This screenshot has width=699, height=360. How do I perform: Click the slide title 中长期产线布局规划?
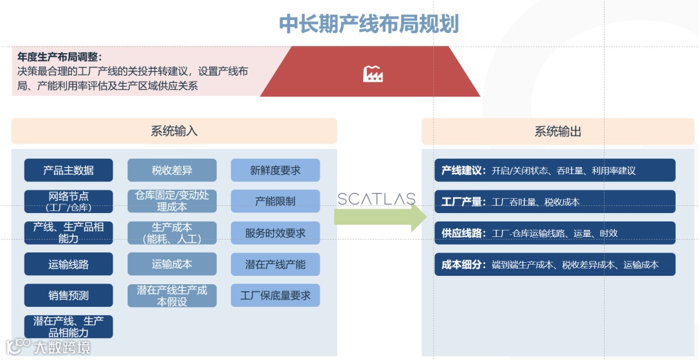click(368, 24)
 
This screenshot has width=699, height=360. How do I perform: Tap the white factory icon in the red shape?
click(373, 74)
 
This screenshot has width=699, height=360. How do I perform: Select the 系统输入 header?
click(174, 131)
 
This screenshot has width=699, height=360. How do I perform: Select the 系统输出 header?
click(557, 131)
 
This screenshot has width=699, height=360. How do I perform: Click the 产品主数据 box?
click(69, 170)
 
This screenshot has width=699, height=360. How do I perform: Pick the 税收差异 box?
click(172, 170)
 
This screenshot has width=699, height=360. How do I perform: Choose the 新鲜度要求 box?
click(275, 170)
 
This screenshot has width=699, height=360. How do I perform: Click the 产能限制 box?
click(275, 201)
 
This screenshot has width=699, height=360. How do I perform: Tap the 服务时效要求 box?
click(275, 233)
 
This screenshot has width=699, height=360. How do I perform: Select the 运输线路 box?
click(69, 264)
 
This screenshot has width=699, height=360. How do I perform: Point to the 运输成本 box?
click(172, 264)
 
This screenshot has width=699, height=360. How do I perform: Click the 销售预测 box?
click(69, 295)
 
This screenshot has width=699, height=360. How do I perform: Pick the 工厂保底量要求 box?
click(275, 295)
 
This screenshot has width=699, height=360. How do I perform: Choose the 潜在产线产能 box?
click(275, 264)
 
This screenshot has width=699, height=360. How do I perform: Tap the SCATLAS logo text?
click(376, 199)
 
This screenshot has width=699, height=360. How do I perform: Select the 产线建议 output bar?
click(555, 170)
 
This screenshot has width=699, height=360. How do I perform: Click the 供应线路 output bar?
click(555, 233)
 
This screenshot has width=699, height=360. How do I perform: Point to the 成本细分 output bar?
click(555, 264)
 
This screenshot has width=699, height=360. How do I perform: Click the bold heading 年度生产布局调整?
click(60, 57)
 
